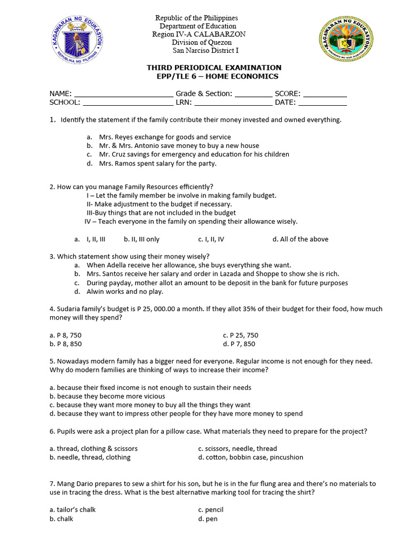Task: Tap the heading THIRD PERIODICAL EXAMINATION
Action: pyautogui.click(x=214, y=68)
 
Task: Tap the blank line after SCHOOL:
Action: pyautogui.click(x=128, y=103)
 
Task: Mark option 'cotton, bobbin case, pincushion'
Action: pyautogui.click(x=250, y=457)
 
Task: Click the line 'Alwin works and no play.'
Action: pyautogui.click(x=125, y=292)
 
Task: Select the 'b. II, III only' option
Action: pyautogui.click(x=141, y=239)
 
